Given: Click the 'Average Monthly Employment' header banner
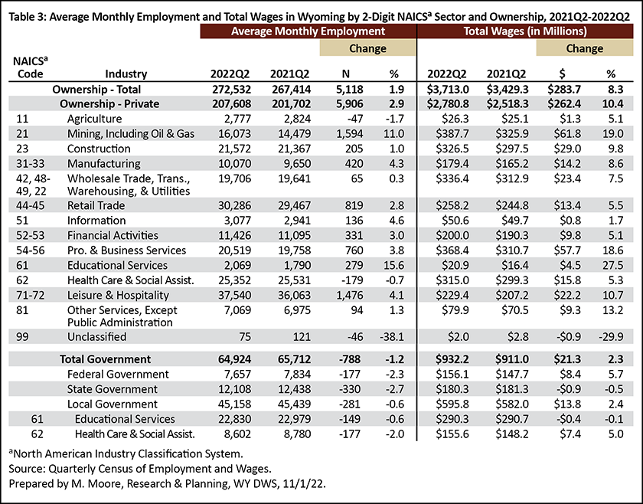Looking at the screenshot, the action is click(308, 31).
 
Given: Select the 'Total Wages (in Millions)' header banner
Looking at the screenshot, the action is click(525, 31).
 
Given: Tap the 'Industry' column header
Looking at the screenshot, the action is click(126, 74).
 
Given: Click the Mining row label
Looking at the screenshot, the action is click(131, 134).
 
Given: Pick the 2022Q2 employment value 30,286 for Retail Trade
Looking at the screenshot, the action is click(232, 205).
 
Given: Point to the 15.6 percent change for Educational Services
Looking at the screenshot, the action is click(394, 265).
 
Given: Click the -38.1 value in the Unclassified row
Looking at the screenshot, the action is click(392, 336).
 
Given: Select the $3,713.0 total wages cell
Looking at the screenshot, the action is click(448, 89).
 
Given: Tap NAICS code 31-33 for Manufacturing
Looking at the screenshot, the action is click(31, 163).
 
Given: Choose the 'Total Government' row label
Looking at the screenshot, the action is click(106, 359).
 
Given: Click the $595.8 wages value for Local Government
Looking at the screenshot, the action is click(452, 404).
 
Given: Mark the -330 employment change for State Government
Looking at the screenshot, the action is click(350, 389).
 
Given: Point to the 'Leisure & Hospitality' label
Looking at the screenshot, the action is click(118, 295).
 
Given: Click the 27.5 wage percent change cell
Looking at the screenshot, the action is click(612, 265).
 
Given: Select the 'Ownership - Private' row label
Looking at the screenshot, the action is click(109, 104).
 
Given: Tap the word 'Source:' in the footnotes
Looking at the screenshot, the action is click(27, 469).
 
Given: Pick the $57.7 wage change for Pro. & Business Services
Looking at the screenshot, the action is click(567, 250).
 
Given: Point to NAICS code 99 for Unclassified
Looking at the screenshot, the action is click(22, 336).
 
